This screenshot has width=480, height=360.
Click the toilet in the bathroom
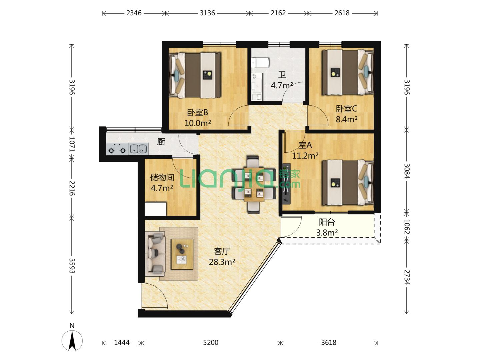point(260,63)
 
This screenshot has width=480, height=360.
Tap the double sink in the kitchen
point(138,149)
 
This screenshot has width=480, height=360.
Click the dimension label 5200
point(211,343)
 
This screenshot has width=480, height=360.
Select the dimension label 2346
point(134,13)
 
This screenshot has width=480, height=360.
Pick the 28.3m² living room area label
point(222,262)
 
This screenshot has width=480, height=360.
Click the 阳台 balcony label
point(327,222)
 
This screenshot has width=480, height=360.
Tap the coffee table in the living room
point(182,254)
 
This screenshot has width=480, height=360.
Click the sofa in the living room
point(155,254)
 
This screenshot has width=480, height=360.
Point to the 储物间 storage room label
point(162,177)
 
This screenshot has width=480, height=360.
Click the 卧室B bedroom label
point(197,113)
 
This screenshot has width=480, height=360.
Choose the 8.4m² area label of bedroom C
point(347,119)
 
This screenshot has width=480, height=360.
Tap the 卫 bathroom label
point(282,75)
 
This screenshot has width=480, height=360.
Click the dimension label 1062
point(406,226)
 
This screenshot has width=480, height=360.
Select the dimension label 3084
point(406,171)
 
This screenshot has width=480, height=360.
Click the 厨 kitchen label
point(161,142)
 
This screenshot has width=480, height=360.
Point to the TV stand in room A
point(286,184)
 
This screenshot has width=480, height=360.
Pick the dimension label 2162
point(278,13)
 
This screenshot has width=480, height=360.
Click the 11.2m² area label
point(305,156)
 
